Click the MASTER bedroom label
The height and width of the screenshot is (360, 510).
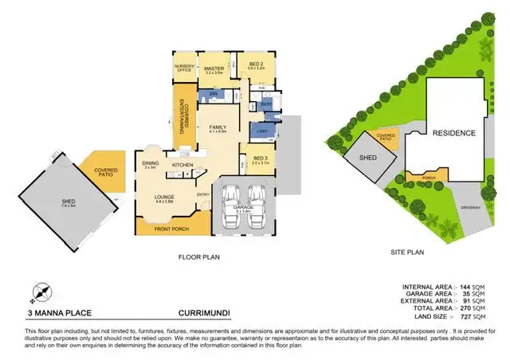click(x=213, y=68)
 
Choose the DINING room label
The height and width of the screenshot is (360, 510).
click(x=149, y=164)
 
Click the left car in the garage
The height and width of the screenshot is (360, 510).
click(x=229, y=200)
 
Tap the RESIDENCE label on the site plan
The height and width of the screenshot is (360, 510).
click(x=454, y=133)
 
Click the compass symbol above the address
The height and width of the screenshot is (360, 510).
click(x=38, y=292)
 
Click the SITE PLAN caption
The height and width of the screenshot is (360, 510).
click(x=410, y=252)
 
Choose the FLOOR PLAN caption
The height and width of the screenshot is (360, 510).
click(x=199, y=257)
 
